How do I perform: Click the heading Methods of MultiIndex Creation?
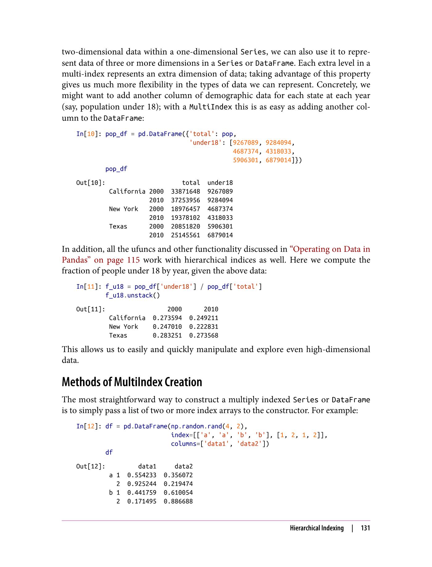click(132, 382)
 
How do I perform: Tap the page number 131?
click(365, 528)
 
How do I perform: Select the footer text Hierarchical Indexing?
click(317, 528)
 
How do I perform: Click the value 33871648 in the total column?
click(185, 192)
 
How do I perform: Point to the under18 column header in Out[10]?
click(220, 183)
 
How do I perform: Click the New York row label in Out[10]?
click(123, 209)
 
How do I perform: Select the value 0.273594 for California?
click(167, 318)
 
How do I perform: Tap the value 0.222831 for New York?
click(204, 327)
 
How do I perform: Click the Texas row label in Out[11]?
click(118, 336)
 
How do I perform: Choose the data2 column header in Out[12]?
click(184, 466)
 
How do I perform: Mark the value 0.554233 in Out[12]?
click(142, 475)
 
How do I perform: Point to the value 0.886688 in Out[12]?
click(178, 501)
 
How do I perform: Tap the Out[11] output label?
click(91, 309)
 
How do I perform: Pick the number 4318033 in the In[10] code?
click(278, 151)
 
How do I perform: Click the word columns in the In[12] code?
click(184, 444)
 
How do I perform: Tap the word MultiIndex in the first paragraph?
click(210, 107)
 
